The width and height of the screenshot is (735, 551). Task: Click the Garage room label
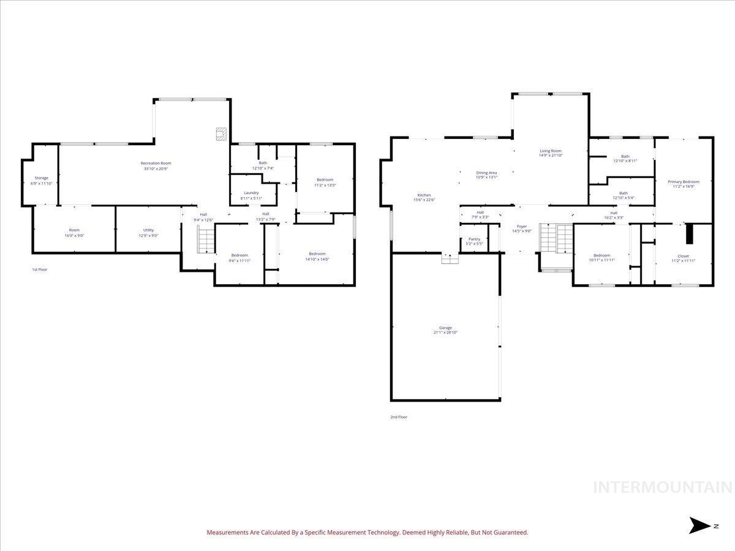[445, 328]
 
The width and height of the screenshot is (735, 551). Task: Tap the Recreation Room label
[156, 163]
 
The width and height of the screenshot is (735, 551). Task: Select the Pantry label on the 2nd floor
[474, 239]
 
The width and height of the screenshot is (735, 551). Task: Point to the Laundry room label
[251, 192]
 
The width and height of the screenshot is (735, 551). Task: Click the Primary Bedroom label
[683, 182]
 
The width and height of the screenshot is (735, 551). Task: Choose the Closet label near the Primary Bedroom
[683, 256]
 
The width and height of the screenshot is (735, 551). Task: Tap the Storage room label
[41, 178]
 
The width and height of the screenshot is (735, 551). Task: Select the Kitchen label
[424, 195]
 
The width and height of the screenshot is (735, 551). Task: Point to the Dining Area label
[486, 173]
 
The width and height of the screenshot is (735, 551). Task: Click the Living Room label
[550, 151]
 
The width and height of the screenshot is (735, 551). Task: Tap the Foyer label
[521, 227]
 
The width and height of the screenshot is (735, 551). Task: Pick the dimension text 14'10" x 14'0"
[317, 259]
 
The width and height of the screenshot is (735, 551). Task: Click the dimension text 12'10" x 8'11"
[625, 161]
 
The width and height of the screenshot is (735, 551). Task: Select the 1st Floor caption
[39, 269]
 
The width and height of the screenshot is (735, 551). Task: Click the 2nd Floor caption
[399, 417]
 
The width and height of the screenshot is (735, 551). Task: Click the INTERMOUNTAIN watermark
[663, 487]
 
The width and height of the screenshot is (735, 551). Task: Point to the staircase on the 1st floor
[206, 239]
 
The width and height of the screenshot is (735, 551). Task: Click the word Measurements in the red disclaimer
[228, 533]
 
